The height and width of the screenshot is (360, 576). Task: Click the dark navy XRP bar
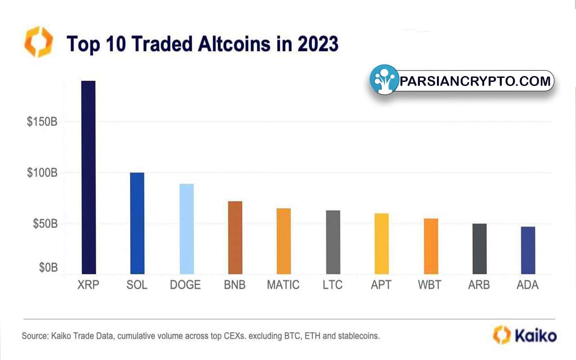[88, 177]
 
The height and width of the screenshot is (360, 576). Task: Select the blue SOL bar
[137, 223]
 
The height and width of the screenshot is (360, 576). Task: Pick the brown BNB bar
[235, 238]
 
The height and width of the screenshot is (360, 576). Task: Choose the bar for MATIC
[283, 241]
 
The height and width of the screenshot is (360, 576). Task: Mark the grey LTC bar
[333, 242]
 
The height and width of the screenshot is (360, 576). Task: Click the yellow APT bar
[382, 243]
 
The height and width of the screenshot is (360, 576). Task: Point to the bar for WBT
[431, 246]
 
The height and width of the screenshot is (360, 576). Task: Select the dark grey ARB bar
[479, 249]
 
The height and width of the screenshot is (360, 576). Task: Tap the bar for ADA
[528, 250]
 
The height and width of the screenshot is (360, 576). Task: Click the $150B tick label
[41, 122]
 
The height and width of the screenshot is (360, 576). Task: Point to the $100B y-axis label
[41, 173]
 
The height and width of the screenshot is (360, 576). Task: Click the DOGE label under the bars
[185, 285]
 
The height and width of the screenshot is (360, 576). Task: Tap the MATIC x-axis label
[283, 285]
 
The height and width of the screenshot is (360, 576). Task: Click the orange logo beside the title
[38, 42]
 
